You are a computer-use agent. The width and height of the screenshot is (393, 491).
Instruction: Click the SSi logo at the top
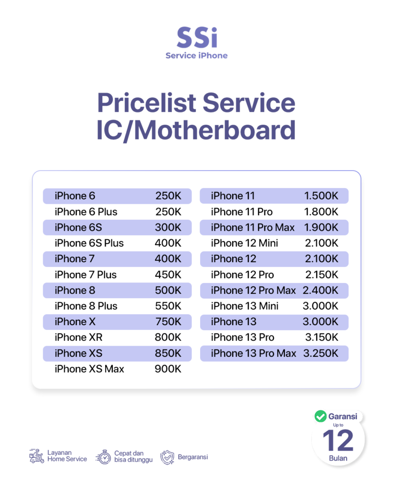pos(197,37)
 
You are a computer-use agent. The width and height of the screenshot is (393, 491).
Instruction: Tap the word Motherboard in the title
pos(214,130)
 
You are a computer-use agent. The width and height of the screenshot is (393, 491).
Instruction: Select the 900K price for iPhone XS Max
pos(168,369)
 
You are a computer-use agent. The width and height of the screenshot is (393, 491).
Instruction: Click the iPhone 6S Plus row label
pos(89,243)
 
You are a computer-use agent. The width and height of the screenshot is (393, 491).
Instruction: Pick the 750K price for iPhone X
pos(168,322)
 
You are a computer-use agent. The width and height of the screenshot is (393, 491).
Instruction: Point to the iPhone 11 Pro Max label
pos(252,227)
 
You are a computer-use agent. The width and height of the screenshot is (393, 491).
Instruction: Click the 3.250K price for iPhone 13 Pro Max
pos(321,353)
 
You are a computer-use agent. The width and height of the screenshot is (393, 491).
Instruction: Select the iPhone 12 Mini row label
pos(244,243)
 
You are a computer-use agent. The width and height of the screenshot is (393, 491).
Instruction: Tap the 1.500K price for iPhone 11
pos(321,196)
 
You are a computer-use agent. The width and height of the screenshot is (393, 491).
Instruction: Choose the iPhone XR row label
pos(78,337)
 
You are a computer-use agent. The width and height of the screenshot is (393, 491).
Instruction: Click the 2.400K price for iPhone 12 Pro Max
pos(321,290)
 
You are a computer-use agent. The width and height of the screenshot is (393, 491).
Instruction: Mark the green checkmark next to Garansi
pos(321,416)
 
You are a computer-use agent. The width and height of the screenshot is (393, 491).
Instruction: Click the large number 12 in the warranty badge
pos(338,440)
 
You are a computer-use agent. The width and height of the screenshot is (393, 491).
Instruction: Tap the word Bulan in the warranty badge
pos(338,458)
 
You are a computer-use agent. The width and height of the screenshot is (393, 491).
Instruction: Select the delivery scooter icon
pos(36,456)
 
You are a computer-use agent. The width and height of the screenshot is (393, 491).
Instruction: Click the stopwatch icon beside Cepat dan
pos(104,457)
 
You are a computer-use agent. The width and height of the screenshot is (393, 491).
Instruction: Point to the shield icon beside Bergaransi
pos(167,457)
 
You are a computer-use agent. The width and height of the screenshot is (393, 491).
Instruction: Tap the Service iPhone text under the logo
pos(197,56)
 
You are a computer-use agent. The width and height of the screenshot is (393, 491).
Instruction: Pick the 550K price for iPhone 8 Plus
pos(168,306)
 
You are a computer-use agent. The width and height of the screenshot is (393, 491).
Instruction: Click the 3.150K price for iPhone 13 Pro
pos(322,337)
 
